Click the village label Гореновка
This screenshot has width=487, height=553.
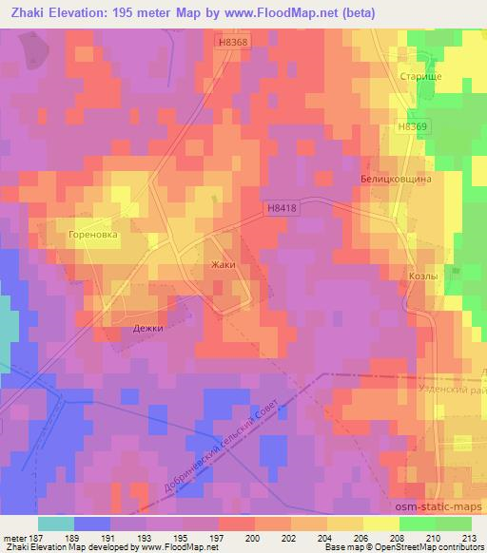point(92,232)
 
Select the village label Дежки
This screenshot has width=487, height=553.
point(147,328)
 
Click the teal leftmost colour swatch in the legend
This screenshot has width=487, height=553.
point(56,524)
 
